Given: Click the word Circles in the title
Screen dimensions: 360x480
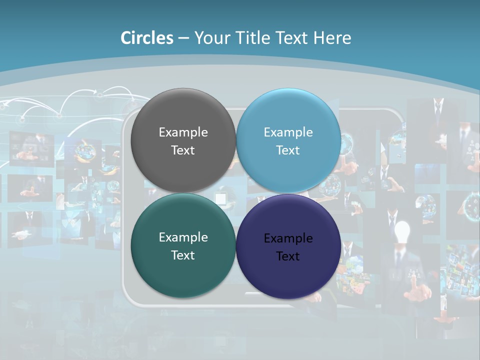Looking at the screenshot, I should (x=147, y=38).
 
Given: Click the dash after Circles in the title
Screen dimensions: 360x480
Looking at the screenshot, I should (x=183, y=38).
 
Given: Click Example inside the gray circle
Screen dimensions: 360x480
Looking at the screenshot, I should (x=183, y=132).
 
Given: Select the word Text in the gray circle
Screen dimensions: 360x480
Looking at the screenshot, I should (x=183, y=150).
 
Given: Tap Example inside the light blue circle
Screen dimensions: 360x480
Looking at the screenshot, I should (x=288, y=132).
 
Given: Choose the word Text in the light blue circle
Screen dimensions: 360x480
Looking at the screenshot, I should (x=288, y=150).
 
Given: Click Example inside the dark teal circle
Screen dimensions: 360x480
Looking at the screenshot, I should (x=183, y=237).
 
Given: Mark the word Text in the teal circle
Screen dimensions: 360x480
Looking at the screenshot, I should (x=183, y=255).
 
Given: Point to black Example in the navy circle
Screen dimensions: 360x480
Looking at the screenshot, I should (x=288, y=238).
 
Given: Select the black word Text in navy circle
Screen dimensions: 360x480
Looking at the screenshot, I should (x=288, y=256).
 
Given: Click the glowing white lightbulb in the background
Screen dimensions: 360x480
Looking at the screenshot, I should (x=402, y=231).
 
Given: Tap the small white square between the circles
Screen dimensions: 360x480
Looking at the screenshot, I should (x=220, y=198).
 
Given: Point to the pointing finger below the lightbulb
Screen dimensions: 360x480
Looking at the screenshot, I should (x=414, y=285).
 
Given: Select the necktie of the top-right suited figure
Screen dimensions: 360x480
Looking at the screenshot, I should (x=438, y=106).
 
